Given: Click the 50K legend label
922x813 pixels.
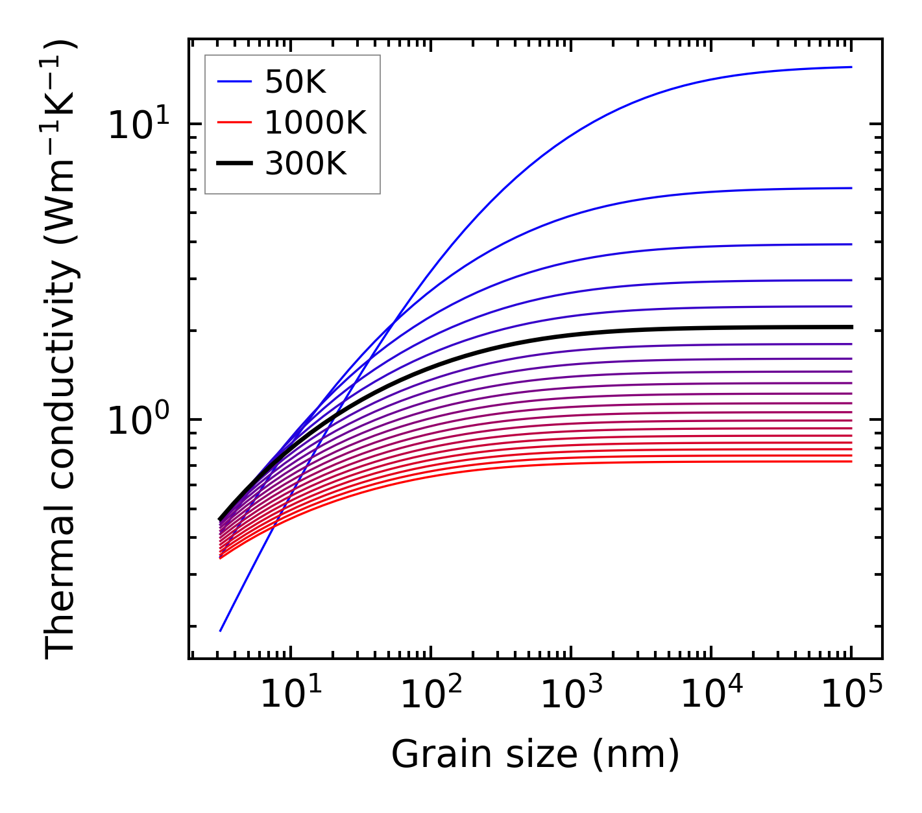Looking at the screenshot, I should (295, 82).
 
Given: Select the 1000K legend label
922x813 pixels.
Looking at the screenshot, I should (315, 123).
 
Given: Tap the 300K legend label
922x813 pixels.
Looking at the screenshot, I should (306, 164).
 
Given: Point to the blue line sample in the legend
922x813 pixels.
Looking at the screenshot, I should (234, 82).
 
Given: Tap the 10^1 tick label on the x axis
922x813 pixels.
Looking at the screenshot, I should (290, 695).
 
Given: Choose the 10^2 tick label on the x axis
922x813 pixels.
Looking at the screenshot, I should (431, 695).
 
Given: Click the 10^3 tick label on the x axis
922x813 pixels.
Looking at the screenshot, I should (571, 695).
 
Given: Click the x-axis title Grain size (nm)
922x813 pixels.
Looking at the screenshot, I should (535, 755).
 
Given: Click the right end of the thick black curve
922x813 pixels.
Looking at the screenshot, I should (851, 327).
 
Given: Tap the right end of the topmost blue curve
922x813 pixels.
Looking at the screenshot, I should (851, 67).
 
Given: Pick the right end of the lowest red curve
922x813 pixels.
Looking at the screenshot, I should (851, 462).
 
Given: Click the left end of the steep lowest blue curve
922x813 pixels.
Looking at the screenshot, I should (221, 630).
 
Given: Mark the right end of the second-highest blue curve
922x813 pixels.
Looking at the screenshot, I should (851, 188).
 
